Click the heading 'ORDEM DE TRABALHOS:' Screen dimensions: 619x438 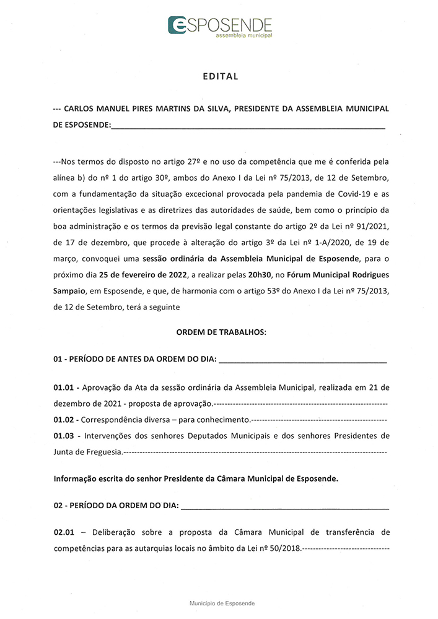tap(221, 332)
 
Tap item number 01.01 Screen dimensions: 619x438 tap(64, 388)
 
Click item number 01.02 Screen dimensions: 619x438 tap(64, 419)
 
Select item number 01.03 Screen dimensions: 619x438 tap(64, 435)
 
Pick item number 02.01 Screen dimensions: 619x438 tap(64, 532)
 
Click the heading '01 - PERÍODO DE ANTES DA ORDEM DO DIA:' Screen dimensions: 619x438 tap(134, 360)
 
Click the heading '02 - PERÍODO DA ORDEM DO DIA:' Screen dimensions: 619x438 tap(116, 506)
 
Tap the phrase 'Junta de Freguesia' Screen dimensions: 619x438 tap(88, 451)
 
